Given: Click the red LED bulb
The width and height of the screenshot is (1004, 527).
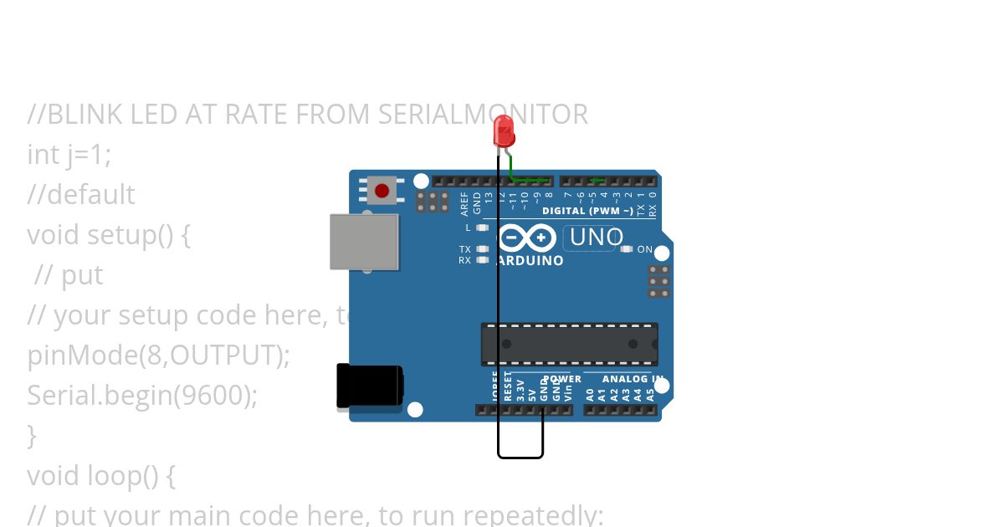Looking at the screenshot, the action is tap(504, 130).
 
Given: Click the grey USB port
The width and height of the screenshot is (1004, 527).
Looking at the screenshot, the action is tap(364, 242).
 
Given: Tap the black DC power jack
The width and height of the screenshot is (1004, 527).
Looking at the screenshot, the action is tap(369, 386).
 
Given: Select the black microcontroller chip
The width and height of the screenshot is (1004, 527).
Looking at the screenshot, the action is tap(569, 344).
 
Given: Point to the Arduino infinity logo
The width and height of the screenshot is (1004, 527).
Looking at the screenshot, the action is tap(527, 238).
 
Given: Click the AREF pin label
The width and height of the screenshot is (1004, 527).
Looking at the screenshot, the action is tap(465, 204).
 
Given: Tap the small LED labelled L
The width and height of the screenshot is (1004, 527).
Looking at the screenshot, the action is tap(482, 228).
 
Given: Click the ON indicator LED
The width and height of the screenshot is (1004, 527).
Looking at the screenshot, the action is tap(627, 249).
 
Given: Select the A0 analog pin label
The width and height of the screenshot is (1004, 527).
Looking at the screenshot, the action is tap(590, 392).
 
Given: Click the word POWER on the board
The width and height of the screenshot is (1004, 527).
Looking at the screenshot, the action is tap(562, 379).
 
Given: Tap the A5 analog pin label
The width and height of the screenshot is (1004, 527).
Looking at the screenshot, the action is tap(650, 392).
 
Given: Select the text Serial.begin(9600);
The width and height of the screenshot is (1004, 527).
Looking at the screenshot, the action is tap(142, 395).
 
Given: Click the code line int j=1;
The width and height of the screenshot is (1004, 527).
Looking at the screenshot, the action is tap(69, 154).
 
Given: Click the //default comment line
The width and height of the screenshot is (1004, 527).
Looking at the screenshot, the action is tap(80, 194).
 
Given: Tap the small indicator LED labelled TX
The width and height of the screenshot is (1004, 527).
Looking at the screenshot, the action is tap(482, 249).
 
